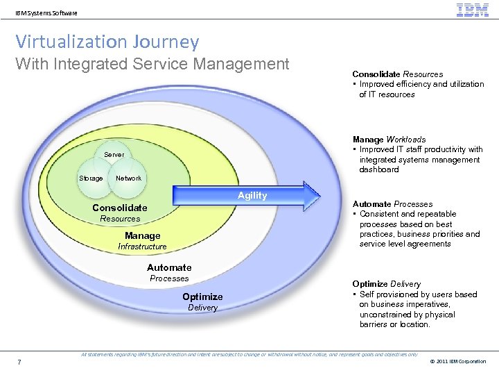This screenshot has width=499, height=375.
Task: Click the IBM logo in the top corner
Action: tap(473, 10)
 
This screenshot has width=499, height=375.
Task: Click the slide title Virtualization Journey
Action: tap(107, 42)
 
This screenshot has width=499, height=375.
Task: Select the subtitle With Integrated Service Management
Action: tap(152, 65)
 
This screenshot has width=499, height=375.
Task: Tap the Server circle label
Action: tap(114, 154)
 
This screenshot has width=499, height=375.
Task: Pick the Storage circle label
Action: tap(91, 178)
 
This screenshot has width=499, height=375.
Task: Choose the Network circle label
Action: tap(129, 178)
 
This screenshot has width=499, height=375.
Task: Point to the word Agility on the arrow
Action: tap(252, 196)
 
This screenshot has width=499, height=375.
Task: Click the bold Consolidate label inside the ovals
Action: tap(120, 208)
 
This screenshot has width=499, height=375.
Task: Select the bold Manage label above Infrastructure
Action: tap(142, 236)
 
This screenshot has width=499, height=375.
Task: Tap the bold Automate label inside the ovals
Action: tap(169, 267)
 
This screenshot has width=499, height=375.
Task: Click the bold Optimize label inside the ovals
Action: tap(202, 297)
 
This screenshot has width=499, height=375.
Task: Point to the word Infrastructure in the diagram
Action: tap(142, 247)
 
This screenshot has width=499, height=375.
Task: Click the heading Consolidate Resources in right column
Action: tap(397, 74)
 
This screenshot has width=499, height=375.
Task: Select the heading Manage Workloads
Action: tap(389, 140)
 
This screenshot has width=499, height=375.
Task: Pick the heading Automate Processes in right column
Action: tap(392, 204)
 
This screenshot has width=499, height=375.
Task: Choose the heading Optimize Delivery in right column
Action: tap(386, 284)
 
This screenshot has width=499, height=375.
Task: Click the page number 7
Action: tap(19, 361)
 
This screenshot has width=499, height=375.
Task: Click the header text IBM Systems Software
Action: tap(46, 12)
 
